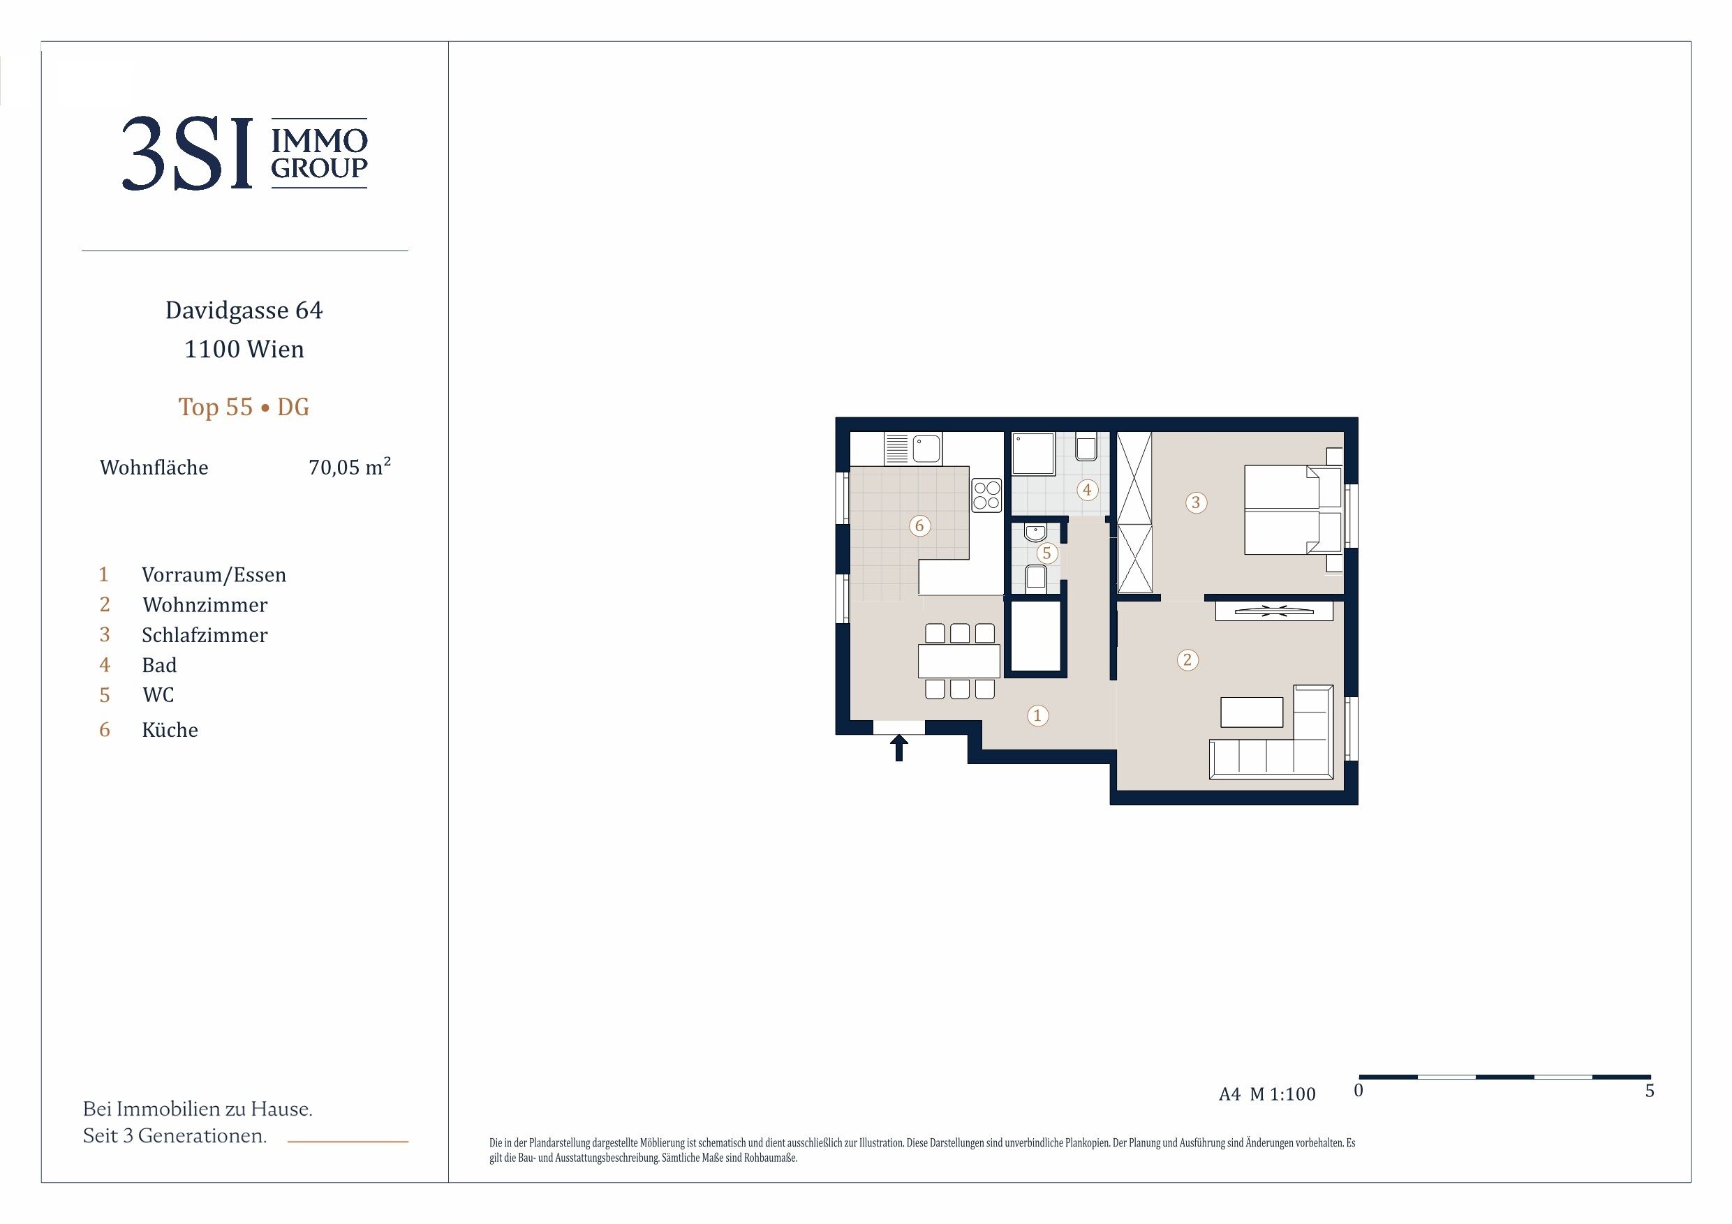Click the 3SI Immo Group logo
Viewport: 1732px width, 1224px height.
pyautogui.click(x=244, y=153)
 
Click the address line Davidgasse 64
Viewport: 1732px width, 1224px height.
pyautogui.click(x=244, y=310)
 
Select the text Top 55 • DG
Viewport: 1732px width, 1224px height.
pyautogui.click(x=244, y=407)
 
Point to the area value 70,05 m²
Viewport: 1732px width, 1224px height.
pyautogui.click(x=349, y=466)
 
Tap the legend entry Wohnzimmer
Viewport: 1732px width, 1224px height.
pyautogui.click(x=205, y=605)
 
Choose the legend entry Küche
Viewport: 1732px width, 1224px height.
pyautogui.click(x=170, y=729)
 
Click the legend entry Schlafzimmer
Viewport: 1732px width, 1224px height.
pyautogui.click(x=205, y=635)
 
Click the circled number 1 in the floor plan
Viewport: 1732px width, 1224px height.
pyautogui.click(x=1037, y=715)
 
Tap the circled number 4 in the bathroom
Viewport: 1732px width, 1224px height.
pyautogui.click(x=1087, y=489)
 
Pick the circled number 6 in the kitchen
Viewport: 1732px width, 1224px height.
pyautogui.click(x=919, y=525)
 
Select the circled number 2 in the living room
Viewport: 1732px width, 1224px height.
pyautogui.click(x=1187, y=660)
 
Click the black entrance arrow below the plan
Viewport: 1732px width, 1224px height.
pyautogui.click(x=898, y=748)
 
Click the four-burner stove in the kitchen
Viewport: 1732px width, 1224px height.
pyautogui.click(x=986, y=495)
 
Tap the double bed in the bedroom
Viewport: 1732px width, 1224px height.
pyautogui.click(x=1292, y=510)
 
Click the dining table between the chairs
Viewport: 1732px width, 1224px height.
pyautogui.click(x=958, y=661)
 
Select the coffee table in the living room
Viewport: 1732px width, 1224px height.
pyautogui.click(x=1252, y=712)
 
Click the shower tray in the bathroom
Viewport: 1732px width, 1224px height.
pyautogui.click(x=1032, y=454)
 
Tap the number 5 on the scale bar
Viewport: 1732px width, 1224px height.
pyautogui.click(x=1650, y=1091)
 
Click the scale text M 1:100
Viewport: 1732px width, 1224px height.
pyautogui.click(x=1282, y=1094)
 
